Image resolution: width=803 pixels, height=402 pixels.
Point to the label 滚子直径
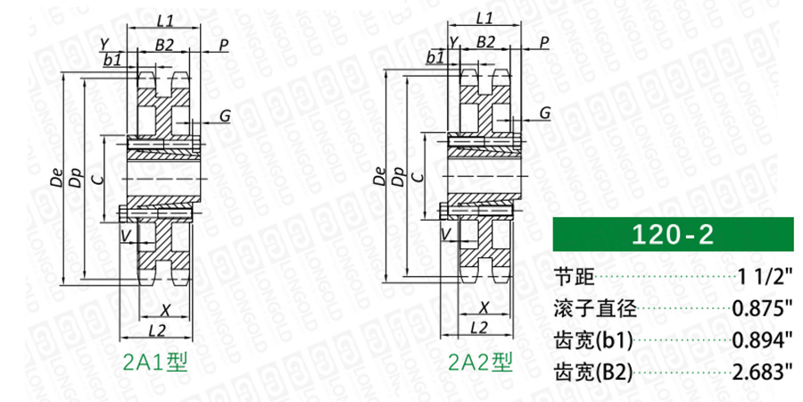pos(596,309)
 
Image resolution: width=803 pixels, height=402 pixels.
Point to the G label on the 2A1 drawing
pos(225,116)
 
